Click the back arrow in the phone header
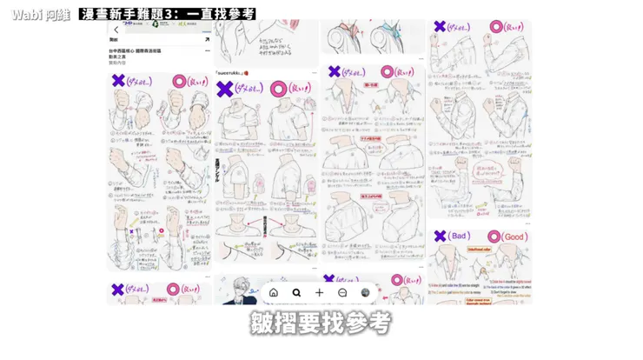pos(116,30)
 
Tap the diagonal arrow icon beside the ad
pos(207,40)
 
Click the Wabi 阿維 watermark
pos(38,15)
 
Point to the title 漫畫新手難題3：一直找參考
pos(168,15)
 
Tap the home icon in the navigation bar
pos(274,293)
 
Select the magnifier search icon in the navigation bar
pos(296,293)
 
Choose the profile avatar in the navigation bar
pos(366,293)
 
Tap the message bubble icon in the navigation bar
pos(342,293)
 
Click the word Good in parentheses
pos(514,237)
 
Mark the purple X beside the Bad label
pos(440,236)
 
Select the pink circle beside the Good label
pos(494,237)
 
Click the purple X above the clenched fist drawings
pos(118,81)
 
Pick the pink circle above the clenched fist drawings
pos(179,81)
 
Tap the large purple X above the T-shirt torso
pos(225,89)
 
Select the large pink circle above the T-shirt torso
pos(279,89)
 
